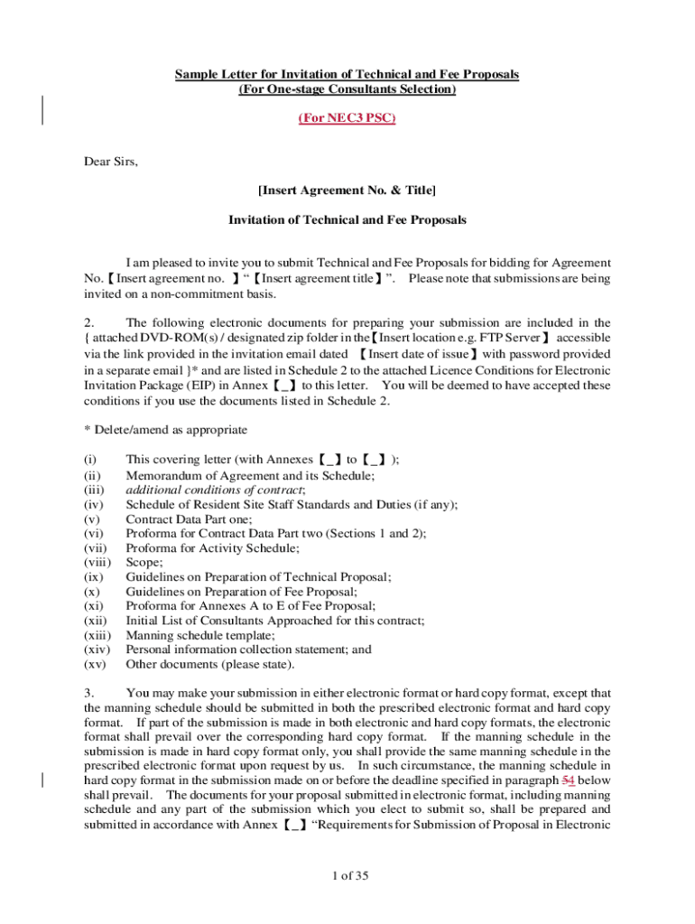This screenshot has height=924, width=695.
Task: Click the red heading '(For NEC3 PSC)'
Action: (x=347, y=118)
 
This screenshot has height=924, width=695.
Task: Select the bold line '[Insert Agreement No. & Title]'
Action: (x=347, y=190)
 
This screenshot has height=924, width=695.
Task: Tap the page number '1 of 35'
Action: (x=347, y=875)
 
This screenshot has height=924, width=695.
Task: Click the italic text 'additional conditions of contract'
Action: (x=215, y=489)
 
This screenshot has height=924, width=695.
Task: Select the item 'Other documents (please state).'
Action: (x=209, y=664)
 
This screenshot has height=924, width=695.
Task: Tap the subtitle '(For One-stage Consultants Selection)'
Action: (x=347, y=89)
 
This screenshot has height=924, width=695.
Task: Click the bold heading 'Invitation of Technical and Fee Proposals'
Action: (x=347, y=219)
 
